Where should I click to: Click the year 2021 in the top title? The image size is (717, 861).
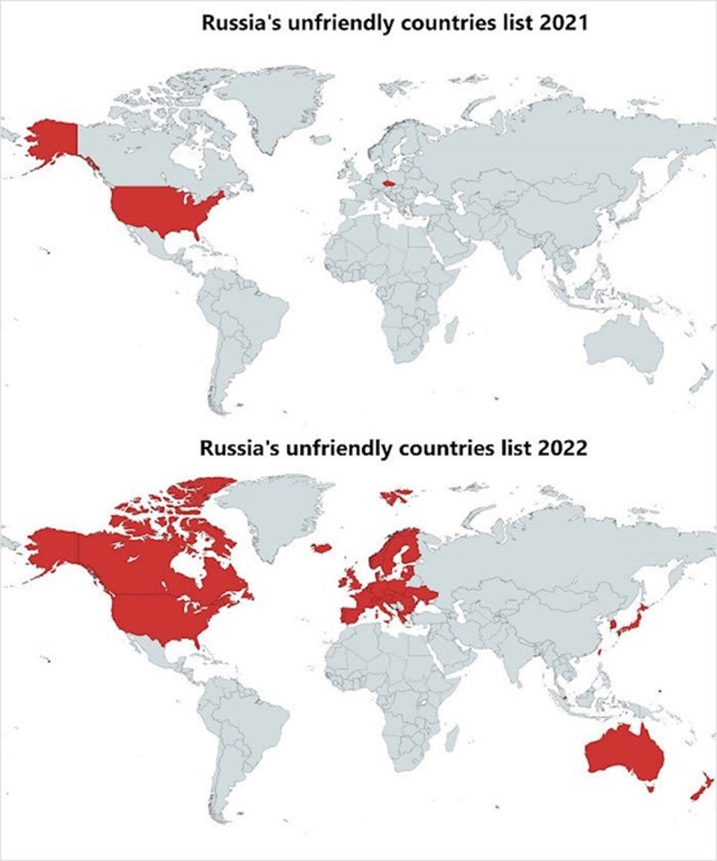tap(561, 23)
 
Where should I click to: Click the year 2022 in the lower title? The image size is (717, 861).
tap(561, 447)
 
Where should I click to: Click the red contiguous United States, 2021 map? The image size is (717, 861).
tap(166, 208)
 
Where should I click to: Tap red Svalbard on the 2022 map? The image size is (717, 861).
tap(395, 495)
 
